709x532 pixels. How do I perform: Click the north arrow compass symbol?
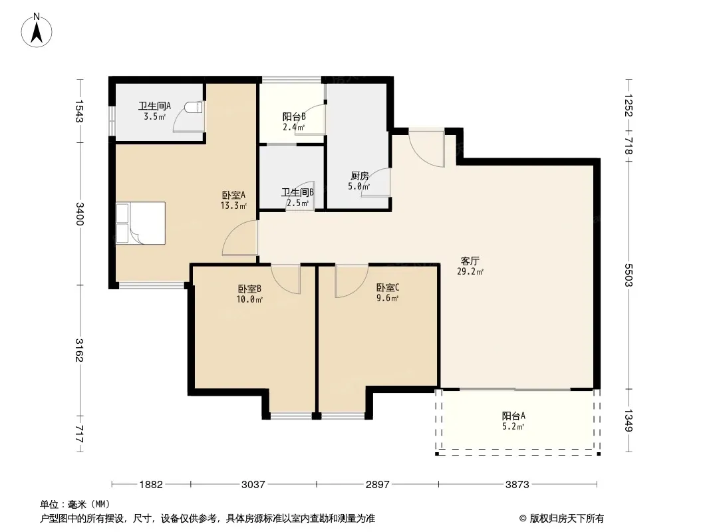[x=37, y=31]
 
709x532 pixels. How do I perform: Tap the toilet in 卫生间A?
[x=194, y=108]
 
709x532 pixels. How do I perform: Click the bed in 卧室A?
[x=140, y=223]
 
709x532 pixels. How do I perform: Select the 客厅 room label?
[x=470, y=261]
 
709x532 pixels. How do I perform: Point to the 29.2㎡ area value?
[x=470, y=271]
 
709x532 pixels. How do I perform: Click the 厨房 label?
[x=359, y=176]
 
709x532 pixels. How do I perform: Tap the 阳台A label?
[x=513, y=416]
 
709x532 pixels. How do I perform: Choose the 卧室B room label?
[x=249, y=289]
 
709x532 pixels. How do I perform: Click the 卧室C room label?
[x=388, y=288]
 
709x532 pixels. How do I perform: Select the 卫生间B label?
[x=297, y=193]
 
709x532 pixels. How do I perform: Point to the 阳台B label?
[x=294, y=116]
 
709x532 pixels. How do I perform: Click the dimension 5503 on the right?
[x=628, y=275]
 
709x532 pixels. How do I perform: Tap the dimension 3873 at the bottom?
[x=517, y=485]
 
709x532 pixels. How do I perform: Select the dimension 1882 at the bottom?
[x=151, y=485]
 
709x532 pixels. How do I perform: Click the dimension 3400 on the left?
[x=80, y=213]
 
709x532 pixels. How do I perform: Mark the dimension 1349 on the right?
[x=628, y=420]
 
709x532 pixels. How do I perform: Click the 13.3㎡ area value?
[x=233, y=206]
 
